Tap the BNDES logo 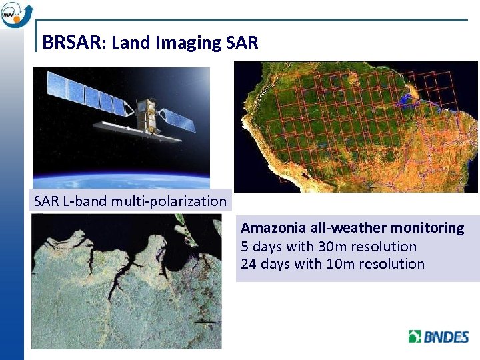pyautogui.click(x=438, y=336)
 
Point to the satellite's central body pyautogui.click(x=145, y=115)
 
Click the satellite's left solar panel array pyautogui.click(x=87, y=93)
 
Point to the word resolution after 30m pyautogui.click(x=385, y=246)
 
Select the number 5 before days pyautogui.click(x=245, y=246)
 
